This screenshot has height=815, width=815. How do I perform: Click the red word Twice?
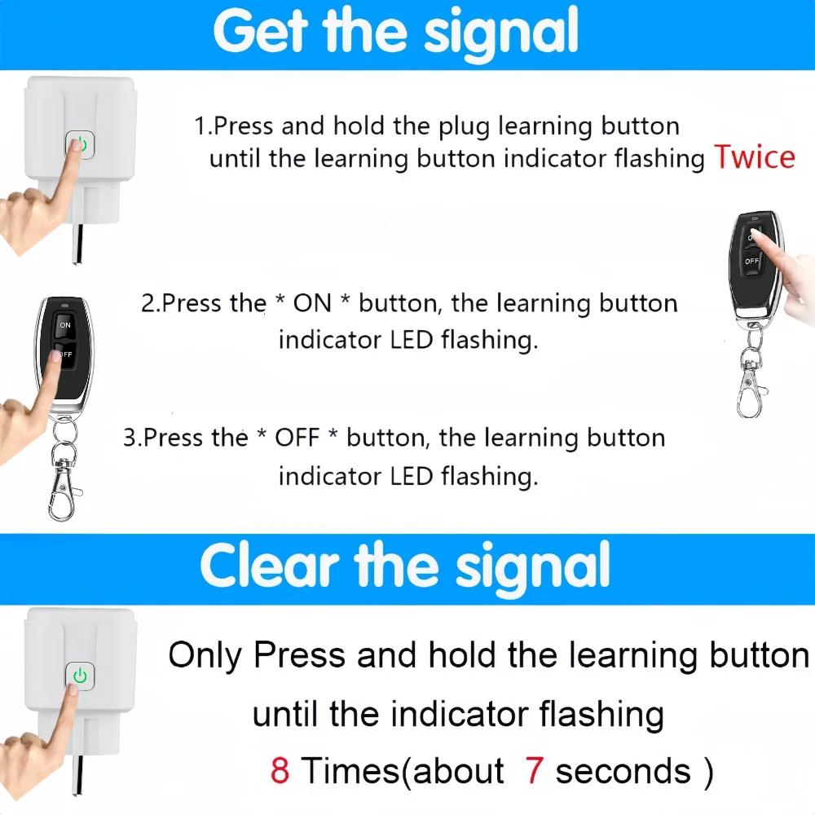(x=754, y=156)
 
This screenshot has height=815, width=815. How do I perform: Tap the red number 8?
(x=280, y=770)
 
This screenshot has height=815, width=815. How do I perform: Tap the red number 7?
(x=535, y=770)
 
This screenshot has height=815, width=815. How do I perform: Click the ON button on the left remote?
(x=64, y=325)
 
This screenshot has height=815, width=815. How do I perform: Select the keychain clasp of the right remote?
(x=751, y=391)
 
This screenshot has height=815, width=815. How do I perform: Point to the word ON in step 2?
(x=312, y=304)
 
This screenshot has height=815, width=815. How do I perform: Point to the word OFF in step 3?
(x=297, y=438)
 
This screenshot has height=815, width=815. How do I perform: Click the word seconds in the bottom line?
(x=623, y=770)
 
